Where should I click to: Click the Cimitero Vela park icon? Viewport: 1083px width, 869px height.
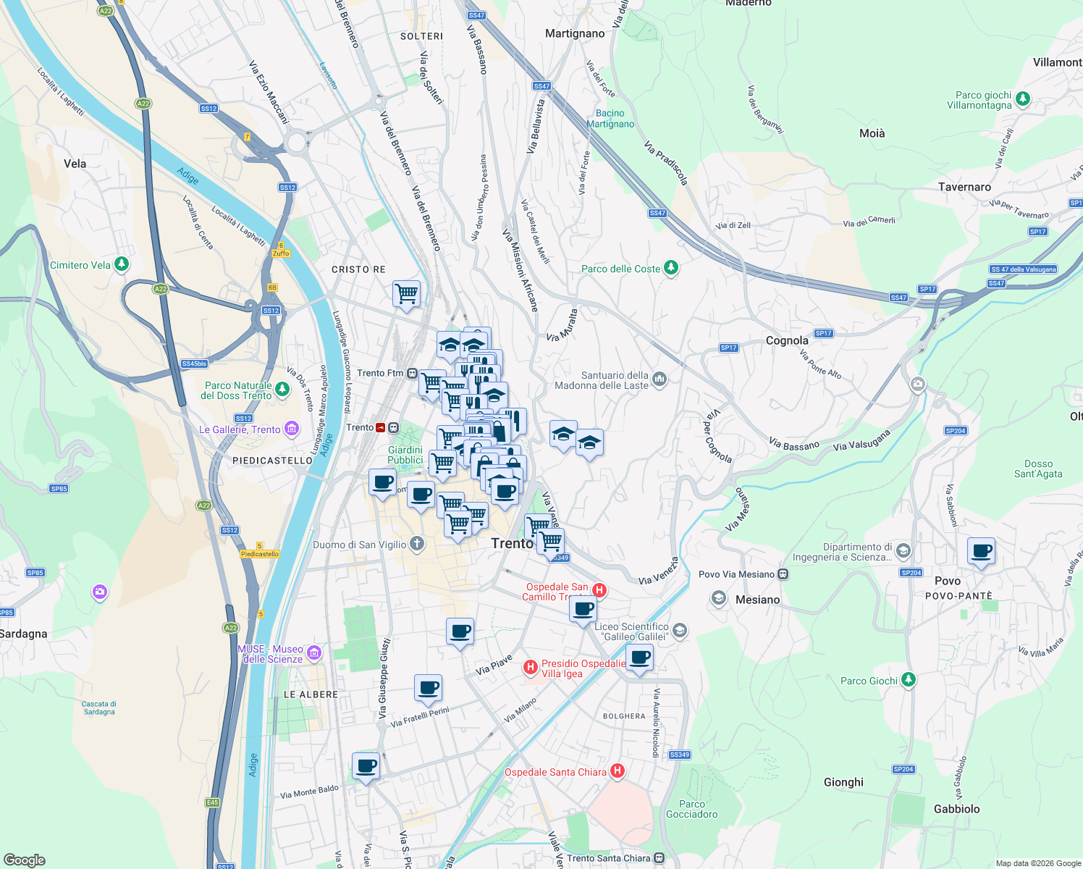tap(122, 264)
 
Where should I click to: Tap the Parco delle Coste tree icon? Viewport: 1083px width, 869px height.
tap(671, 268)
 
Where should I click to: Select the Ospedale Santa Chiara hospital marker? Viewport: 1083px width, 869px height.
tap(618, 771)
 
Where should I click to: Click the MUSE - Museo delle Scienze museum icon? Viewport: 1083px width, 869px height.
tap(313, 653)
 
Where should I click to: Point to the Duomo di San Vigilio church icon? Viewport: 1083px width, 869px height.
tap(416, 544)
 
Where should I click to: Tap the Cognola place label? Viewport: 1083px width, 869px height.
tap(787, 340)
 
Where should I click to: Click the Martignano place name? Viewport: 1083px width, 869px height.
tap(575, 33)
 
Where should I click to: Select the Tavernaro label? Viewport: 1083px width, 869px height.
tap(964, 187)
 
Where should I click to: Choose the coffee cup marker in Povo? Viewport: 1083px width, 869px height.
tap(981, 551)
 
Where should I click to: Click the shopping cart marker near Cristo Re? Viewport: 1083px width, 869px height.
tap(406, 294)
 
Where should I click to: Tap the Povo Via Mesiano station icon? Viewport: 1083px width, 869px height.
tap(783, 574)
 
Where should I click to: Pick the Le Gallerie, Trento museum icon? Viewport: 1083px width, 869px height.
tap(291, 429)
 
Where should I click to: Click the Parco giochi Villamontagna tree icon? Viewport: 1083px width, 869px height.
tap(1023, 98)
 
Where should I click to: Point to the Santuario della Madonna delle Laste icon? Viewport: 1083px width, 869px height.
tap(659, 379)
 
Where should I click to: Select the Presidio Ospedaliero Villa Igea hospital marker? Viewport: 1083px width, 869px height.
tap(531, 667)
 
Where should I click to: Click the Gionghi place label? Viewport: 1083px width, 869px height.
tap(843, 782)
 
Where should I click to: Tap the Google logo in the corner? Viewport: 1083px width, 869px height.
tap(24, 860)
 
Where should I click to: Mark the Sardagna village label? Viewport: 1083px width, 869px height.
tap(23, 634)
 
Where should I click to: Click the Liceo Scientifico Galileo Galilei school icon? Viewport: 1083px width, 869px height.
tap(679, 630)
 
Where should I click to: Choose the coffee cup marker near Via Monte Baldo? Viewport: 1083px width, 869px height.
tap(366, 765)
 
